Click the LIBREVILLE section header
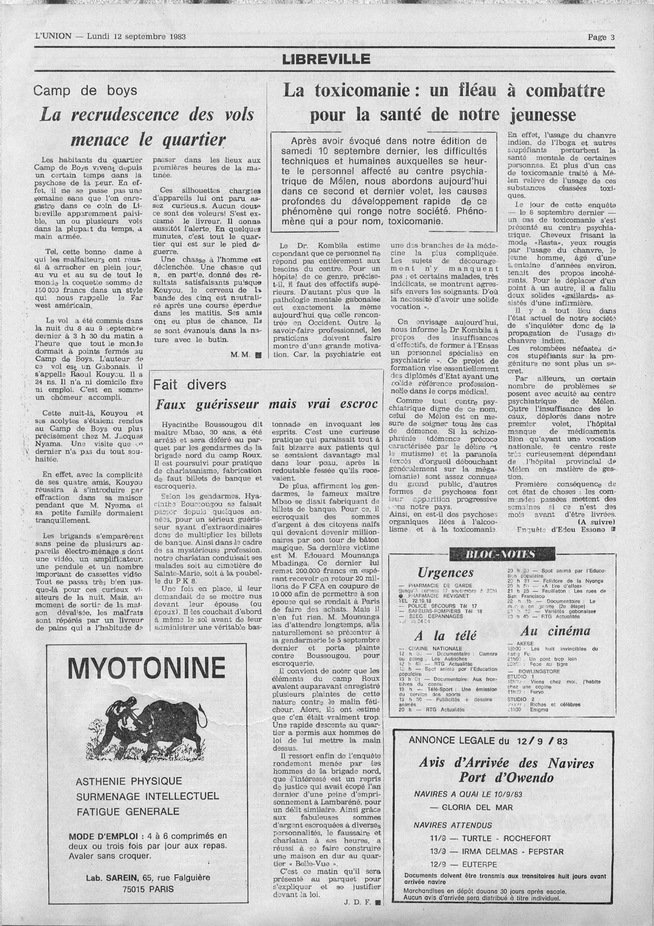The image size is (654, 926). coord(327,58)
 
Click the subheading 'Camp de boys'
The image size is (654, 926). coord(85,90)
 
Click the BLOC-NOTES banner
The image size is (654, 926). coord(495,553)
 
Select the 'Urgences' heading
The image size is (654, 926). coord(445,572)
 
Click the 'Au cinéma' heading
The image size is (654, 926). coord(547,631)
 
